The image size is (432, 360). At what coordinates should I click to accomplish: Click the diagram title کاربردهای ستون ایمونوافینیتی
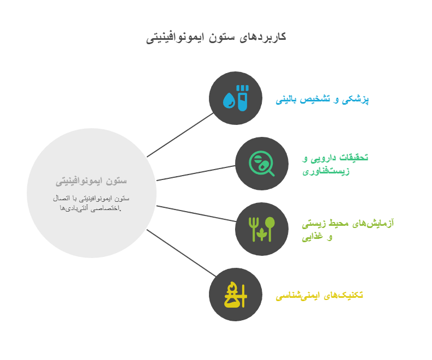(216, 37)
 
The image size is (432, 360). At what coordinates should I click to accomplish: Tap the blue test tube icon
(243, 98)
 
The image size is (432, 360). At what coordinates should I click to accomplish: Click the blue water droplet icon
(229, 100)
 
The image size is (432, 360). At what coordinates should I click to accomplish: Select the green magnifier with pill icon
(261, 164)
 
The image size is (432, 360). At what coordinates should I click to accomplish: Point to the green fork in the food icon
(253, 229)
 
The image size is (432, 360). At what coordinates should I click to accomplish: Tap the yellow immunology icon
(235, 295)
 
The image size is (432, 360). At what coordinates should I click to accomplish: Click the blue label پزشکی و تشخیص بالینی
(322, 99)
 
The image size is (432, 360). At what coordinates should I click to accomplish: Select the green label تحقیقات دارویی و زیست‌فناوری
(335, 164)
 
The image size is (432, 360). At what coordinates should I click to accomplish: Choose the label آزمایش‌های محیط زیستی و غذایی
(347, 229)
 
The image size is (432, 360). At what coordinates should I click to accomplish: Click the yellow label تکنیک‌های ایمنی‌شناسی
(319, 295)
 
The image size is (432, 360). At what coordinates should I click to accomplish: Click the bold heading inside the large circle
(91, 180)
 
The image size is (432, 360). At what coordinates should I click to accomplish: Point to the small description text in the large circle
(91, 202)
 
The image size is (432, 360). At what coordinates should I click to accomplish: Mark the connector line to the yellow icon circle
(180, 253)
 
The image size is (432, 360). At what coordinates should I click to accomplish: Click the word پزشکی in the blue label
(358, 99)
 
